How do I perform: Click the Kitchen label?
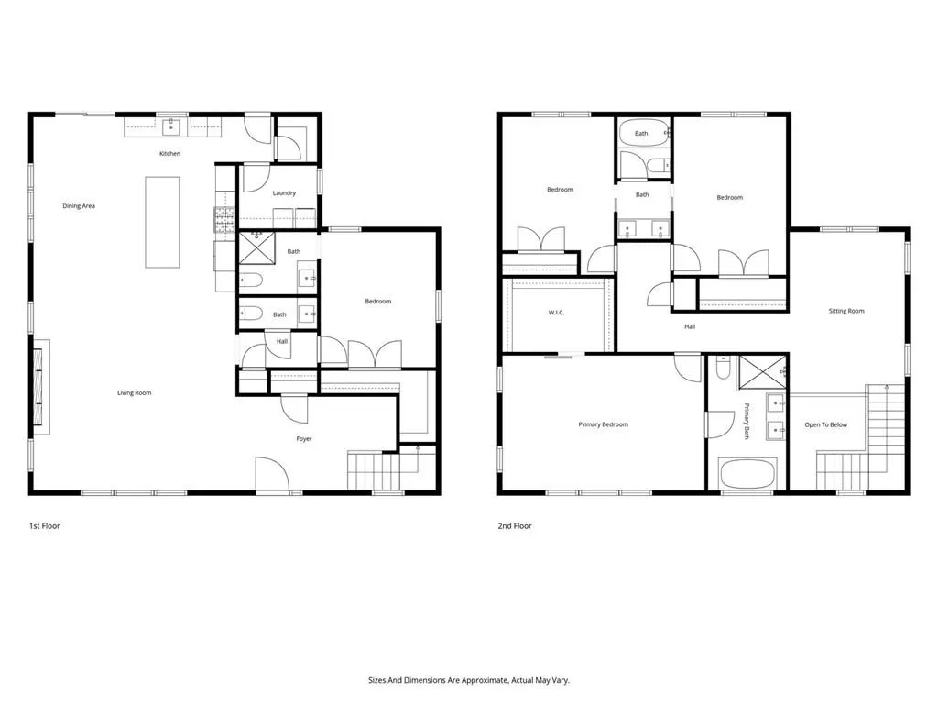(x=169, y=154)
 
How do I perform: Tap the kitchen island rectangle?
(x=162, y=222)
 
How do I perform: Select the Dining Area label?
(x=79, y=206)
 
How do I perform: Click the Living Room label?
(x=134, y=392)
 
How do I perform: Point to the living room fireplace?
(x=41, y=387)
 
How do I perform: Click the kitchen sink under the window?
(x=171, y=126)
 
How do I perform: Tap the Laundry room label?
(x=284, y=192)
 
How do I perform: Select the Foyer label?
(x=304, y=439)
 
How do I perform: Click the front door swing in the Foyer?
(x=273, y=474)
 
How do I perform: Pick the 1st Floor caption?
(x=45, y=525)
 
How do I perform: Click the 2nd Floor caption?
(x=515, y=525)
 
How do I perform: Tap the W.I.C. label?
(x=556, y=313)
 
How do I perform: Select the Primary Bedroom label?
(x=603, y=424)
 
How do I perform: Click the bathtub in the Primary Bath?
(x=747, y=474)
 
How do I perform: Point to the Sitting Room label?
(x=845, y=311)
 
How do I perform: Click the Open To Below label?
(x=825, y=424)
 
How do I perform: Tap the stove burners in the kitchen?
(x=225, y=220)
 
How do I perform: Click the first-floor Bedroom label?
(x=378, y=301)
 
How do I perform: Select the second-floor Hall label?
(x=690, y=327)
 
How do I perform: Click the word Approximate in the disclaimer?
(x=485, y=680)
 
